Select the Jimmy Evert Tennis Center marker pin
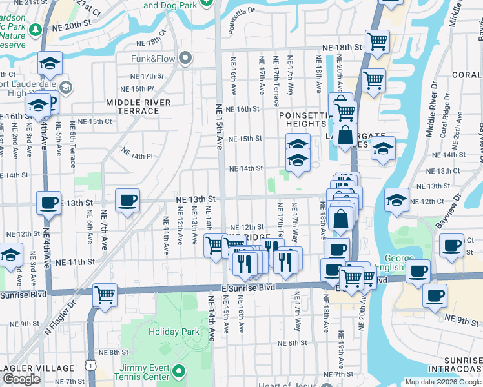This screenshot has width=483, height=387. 180,372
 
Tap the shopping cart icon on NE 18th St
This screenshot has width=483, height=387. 377,42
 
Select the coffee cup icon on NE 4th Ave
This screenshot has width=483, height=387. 48,203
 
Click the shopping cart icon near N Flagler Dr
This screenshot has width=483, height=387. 105,295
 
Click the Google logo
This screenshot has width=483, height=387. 21,379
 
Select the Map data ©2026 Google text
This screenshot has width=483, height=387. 443,382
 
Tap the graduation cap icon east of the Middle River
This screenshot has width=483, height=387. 396,199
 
